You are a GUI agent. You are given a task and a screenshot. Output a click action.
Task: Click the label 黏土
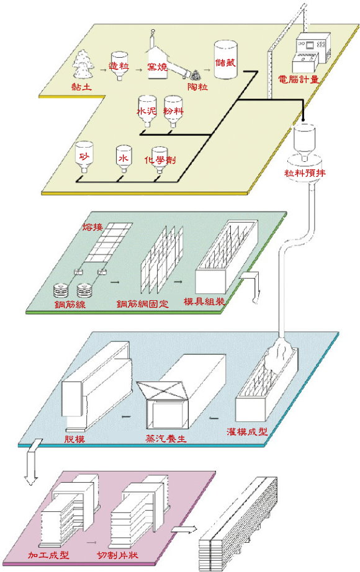[x=82, y=87]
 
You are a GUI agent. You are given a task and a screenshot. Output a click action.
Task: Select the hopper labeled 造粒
[x=119, y=66]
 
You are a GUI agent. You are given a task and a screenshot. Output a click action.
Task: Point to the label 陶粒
[x=198, y=87]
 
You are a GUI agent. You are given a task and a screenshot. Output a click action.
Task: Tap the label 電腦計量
[x=299, y=79]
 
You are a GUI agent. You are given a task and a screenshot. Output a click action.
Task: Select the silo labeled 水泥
[x=146, y=111]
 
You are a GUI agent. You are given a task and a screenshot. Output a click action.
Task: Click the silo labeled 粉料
[x=173, y=111]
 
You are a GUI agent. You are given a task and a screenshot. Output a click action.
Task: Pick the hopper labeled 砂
[x=84, y=157]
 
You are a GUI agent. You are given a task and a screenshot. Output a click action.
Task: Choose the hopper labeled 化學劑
[x=160, y=160]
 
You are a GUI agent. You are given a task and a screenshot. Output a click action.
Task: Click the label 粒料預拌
[x=305, y=172]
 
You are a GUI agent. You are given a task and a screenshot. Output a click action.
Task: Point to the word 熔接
[x=92, y=227]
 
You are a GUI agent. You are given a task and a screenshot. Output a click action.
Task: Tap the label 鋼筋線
[x=70, y=304]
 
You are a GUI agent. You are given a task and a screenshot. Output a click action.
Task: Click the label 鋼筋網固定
[x=143, y=304]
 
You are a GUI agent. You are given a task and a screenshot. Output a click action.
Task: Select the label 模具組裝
[x=204, y=302]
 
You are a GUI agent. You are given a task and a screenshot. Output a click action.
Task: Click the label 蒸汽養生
[x=166, y=438]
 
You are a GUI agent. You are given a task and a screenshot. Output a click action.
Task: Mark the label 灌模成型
[x=247, y=432]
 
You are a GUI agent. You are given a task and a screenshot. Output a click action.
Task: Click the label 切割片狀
[x=117, y=555]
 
